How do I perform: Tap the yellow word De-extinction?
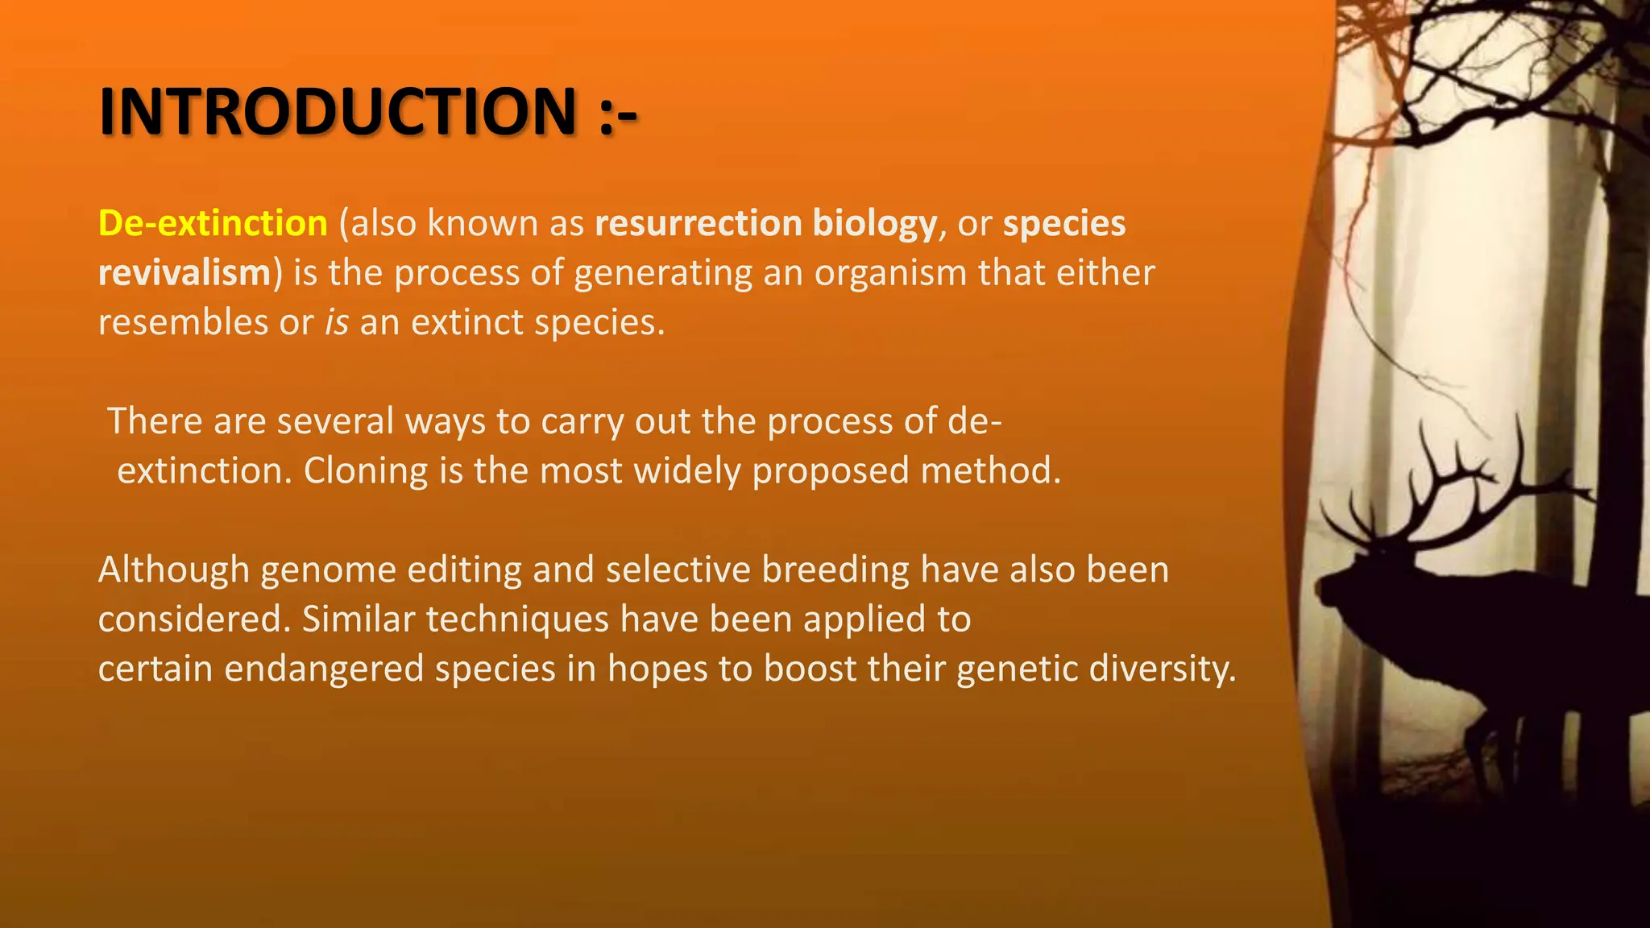[x=213, y=223]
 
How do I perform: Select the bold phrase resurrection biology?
[x=765, y=223]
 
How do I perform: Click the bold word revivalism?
[x=184, y=273]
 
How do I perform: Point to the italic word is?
[x=337, y=322]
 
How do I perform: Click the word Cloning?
[x=365, y=471]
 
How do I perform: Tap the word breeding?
[x=835, y=570]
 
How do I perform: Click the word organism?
[x=890, y=273]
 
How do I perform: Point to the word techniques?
[x=517, y=619]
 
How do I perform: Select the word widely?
[x=687, y=471]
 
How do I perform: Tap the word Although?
[x=174, y=570]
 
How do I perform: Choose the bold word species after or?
[x=1063, y=223]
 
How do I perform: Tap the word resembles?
[x=183, y=322]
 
